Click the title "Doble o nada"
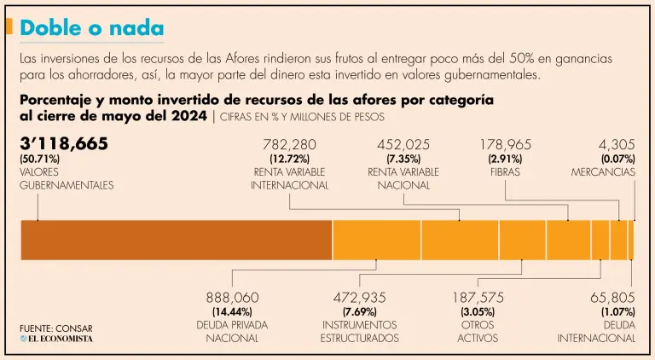tap(91, 27)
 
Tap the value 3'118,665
tap(64, 143)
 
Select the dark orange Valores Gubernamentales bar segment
tap(176, 240)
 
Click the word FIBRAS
tap(506, 171)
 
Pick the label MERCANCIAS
tap(603, 171)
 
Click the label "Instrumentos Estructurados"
tap(359, 331)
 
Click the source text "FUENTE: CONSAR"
tap(56, 328)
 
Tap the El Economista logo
tap(56, 339)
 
